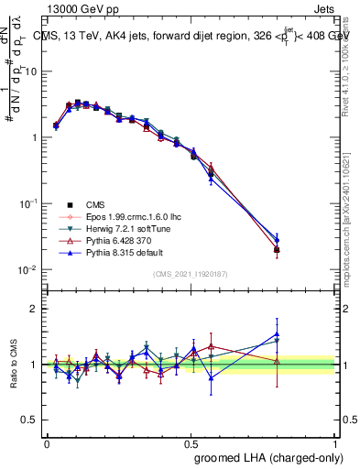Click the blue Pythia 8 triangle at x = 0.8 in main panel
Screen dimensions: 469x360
(x=278, y=240)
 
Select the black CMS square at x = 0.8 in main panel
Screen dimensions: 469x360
(x=278, y=249)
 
